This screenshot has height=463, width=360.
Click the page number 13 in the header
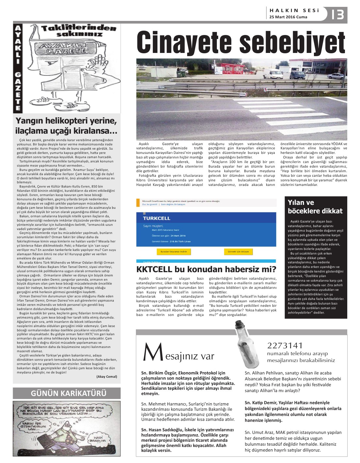337,15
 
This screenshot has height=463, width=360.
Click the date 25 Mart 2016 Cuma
288,17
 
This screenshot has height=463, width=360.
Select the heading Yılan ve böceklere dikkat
315,207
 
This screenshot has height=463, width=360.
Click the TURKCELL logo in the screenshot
156,218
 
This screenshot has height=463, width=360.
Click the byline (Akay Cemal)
106,376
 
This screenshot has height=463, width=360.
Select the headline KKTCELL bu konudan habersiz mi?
206,269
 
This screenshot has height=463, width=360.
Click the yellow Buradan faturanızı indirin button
173,252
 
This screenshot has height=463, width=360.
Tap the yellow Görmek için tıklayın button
238,252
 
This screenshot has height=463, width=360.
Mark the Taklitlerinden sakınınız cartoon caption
79,31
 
